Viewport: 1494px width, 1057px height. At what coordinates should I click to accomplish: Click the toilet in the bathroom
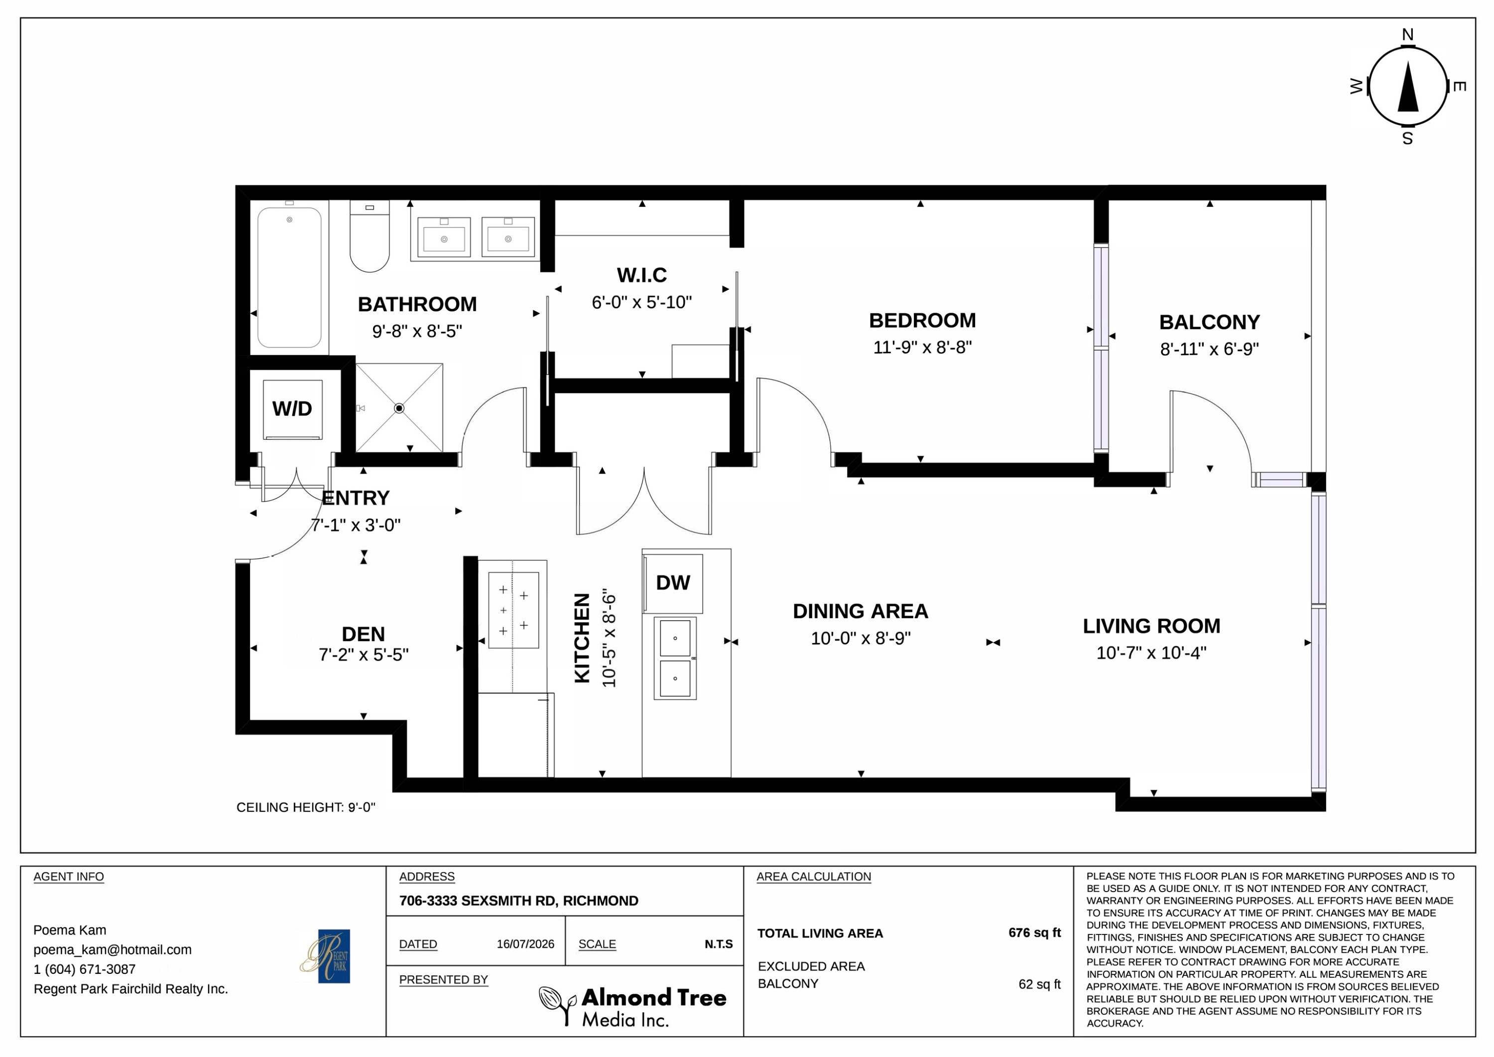[x=370, y=236]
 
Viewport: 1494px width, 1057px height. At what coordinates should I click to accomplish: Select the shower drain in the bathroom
[x=399, y=408]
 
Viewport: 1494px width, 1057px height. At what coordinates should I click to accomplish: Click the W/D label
[x=292, y=409]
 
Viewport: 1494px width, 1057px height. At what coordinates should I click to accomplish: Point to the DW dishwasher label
[x=673, y=582]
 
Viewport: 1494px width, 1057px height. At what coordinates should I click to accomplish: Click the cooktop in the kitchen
[x=513, y=610]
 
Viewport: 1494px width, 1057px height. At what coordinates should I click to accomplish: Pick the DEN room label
[x=363, y=634]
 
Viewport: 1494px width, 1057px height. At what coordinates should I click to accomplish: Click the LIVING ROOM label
[x=1151, y=626]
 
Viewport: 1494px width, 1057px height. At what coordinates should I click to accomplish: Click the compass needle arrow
[x=1408, y=87]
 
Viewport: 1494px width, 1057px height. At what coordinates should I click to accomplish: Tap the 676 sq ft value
[x=1035, y=932]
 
